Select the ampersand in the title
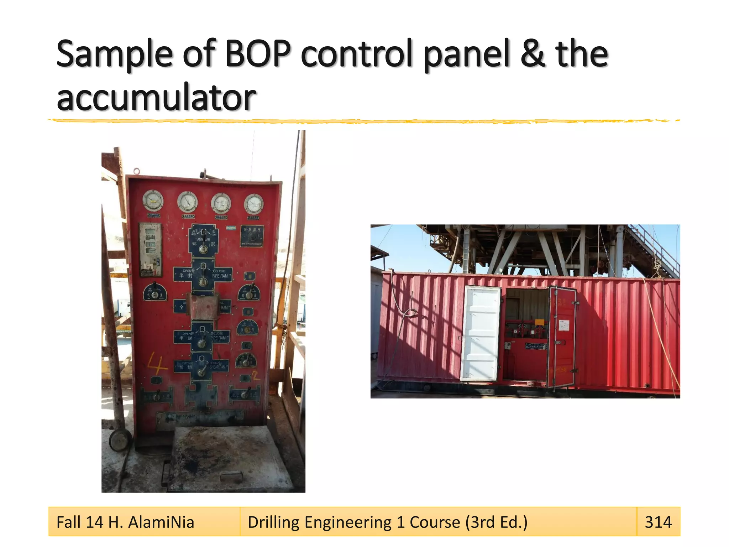(533, 54)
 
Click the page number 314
(658, 522)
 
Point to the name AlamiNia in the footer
(161, 522)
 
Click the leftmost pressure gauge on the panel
(153, 200)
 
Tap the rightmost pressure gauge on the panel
(253, 204)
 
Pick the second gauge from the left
(187, 202)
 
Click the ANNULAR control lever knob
(203, 249)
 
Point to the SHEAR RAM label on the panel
(217, 367)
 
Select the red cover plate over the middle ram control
(203, 307)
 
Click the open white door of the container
(481, 333)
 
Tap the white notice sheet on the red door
(564, 325)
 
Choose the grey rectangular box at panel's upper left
(150, 249)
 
